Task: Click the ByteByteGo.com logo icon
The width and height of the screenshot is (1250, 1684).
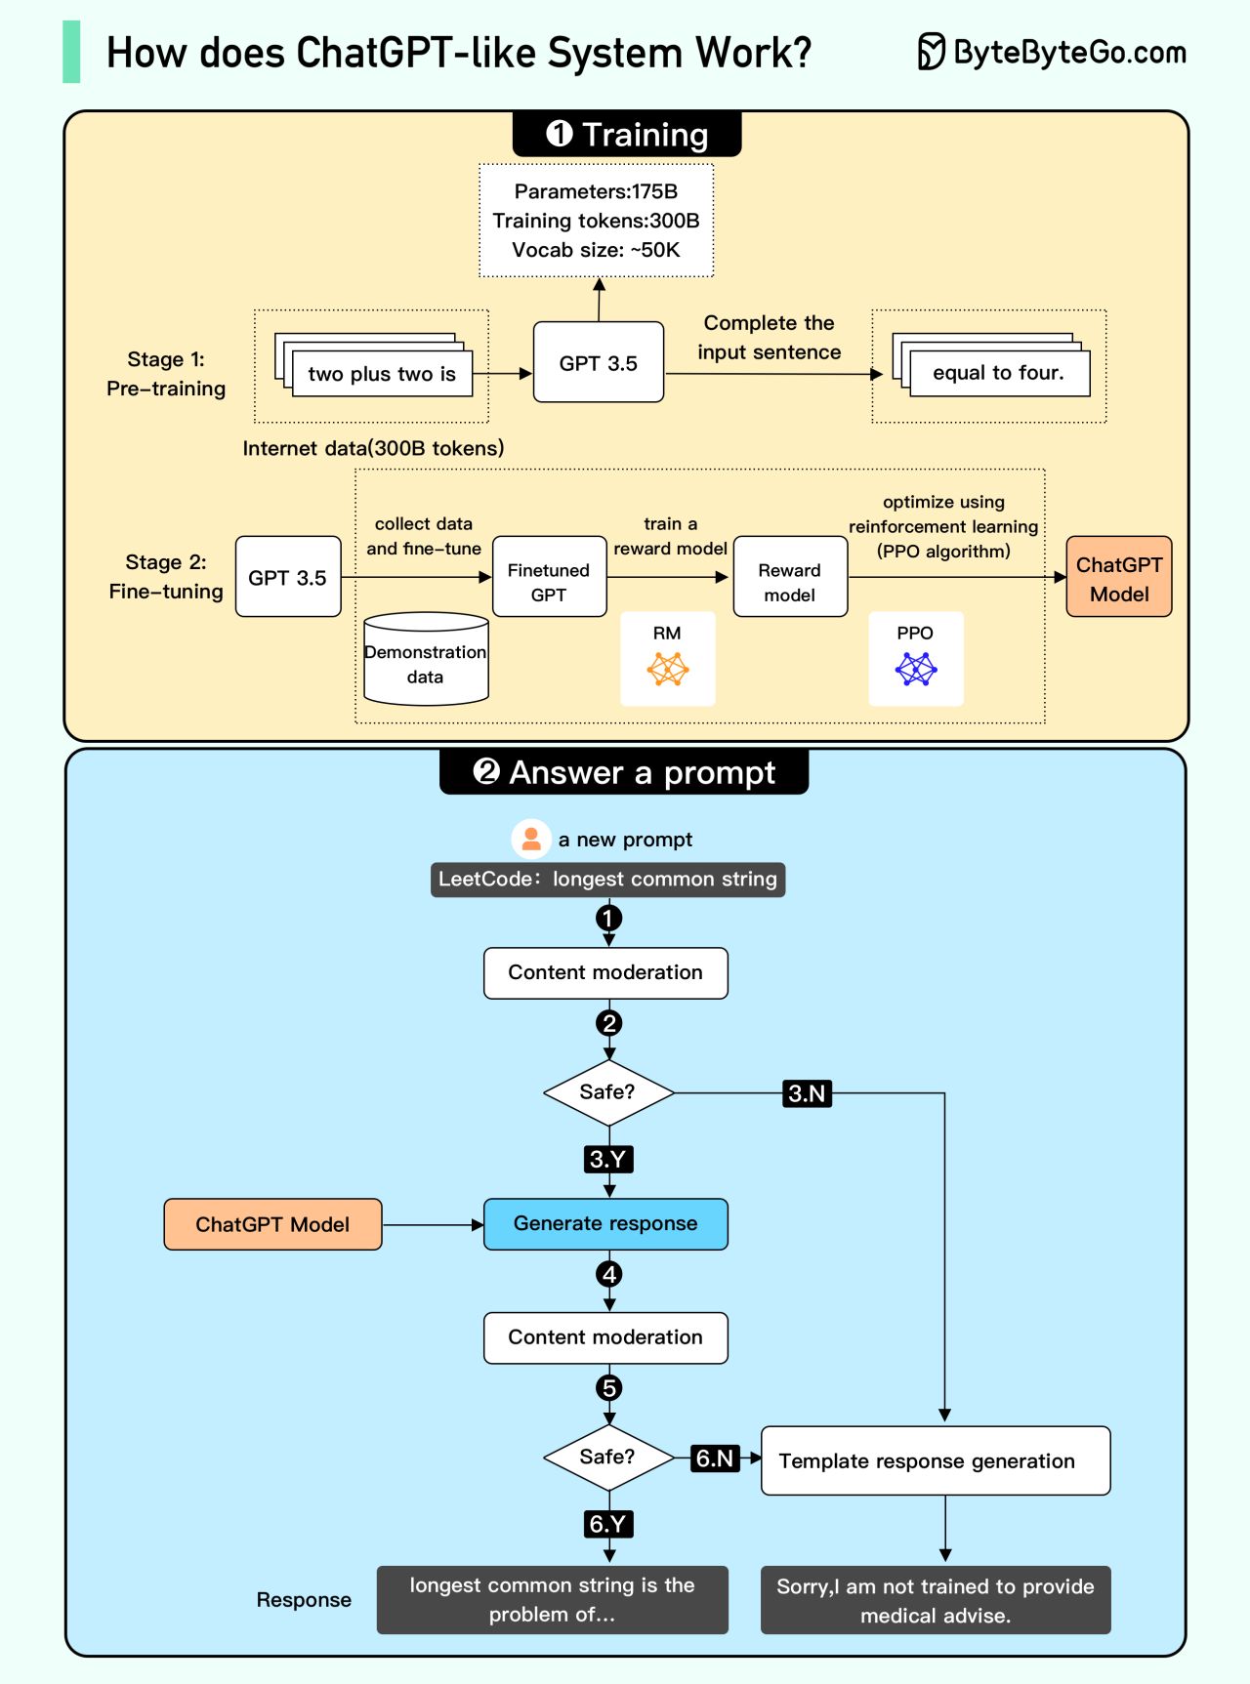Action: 932,52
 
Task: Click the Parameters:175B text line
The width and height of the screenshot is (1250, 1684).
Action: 596,191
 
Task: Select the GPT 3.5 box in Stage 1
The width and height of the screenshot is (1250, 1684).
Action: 599,363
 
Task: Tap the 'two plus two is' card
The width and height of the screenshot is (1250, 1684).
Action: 382,374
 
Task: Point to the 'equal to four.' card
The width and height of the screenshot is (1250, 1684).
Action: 998,373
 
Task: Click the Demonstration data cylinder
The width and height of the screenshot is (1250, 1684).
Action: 426,660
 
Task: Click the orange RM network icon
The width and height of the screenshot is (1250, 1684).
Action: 668,669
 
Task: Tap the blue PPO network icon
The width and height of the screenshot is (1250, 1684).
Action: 916,669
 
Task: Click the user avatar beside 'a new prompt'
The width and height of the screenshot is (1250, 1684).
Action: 531,839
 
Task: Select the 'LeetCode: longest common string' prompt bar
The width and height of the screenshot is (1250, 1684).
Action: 607,880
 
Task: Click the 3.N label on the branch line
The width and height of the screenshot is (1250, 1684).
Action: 807,1093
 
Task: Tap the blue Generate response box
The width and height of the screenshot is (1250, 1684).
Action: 605,1224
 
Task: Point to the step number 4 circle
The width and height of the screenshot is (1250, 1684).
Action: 609,1274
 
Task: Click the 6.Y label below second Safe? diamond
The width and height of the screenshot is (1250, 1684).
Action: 607,1524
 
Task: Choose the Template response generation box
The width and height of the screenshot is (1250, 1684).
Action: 936,1460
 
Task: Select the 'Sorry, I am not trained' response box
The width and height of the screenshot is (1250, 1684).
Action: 936,1600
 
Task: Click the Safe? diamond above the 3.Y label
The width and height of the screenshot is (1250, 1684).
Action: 608,1092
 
